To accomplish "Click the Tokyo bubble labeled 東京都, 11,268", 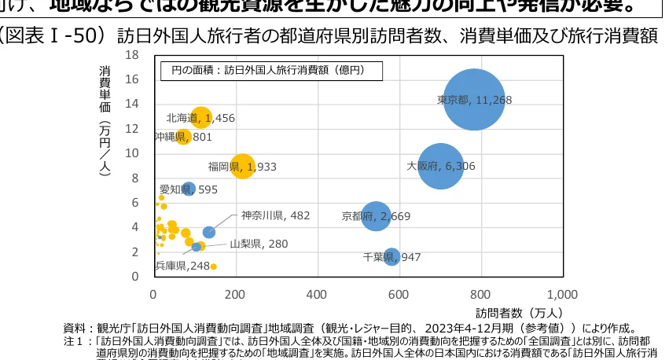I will pyautogui.click(x=473, y=100).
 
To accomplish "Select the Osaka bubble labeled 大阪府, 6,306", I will pyautogui.click(x=442, y=166).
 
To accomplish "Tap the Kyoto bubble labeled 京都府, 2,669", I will pyautogui.click(x=377, y=216).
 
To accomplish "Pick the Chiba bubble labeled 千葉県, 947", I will pyautogui.click(x=391, y=256).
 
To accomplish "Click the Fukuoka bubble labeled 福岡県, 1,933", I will pyautogui.click(x=244, y=166).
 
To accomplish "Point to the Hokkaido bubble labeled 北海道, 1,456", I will pyautogui.click(x=201, y=118).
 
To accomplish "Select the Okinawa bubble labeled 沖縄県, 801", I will pyautogui.click(x=183, y=136).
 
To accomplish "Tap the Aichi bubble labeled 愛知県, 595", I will pyautogui.click(x=189, y=189).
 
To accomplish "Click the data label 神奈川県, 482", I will pyautogui.click(x=275, y=215).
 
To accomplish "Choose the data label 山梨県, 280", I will pyautogui.click(x=259, y=244).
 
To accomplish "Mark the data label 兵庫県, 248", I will pyautogui.click(x=182, y=266).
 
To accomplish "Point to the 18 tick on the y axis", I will pyautogui.click(x=132, y=55).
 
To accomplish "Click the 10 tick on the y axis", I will pyautogui.click(x=132, y=153).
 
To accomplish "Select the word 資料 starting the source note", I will pyautogui.click(x=73, y=328).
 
